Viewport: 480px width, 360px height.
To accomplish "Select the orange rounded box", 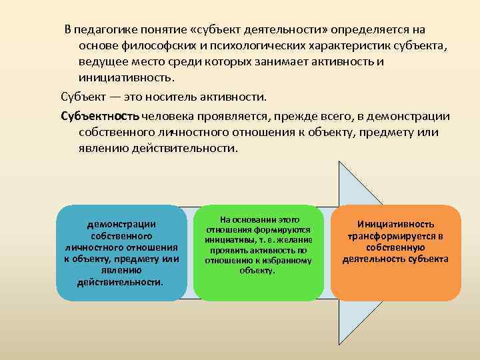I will pyautogui.click(x=396, y=252).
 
